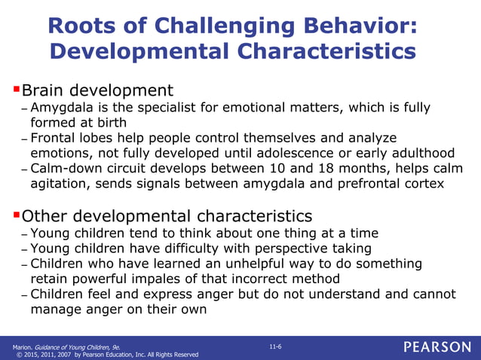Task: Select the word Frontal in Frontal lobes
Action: [53, 139]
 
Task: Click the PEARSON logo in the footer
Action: [437, 346]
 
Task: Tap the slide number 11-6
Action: [276, 345]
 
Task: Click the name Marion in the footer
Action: [21, 346]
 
